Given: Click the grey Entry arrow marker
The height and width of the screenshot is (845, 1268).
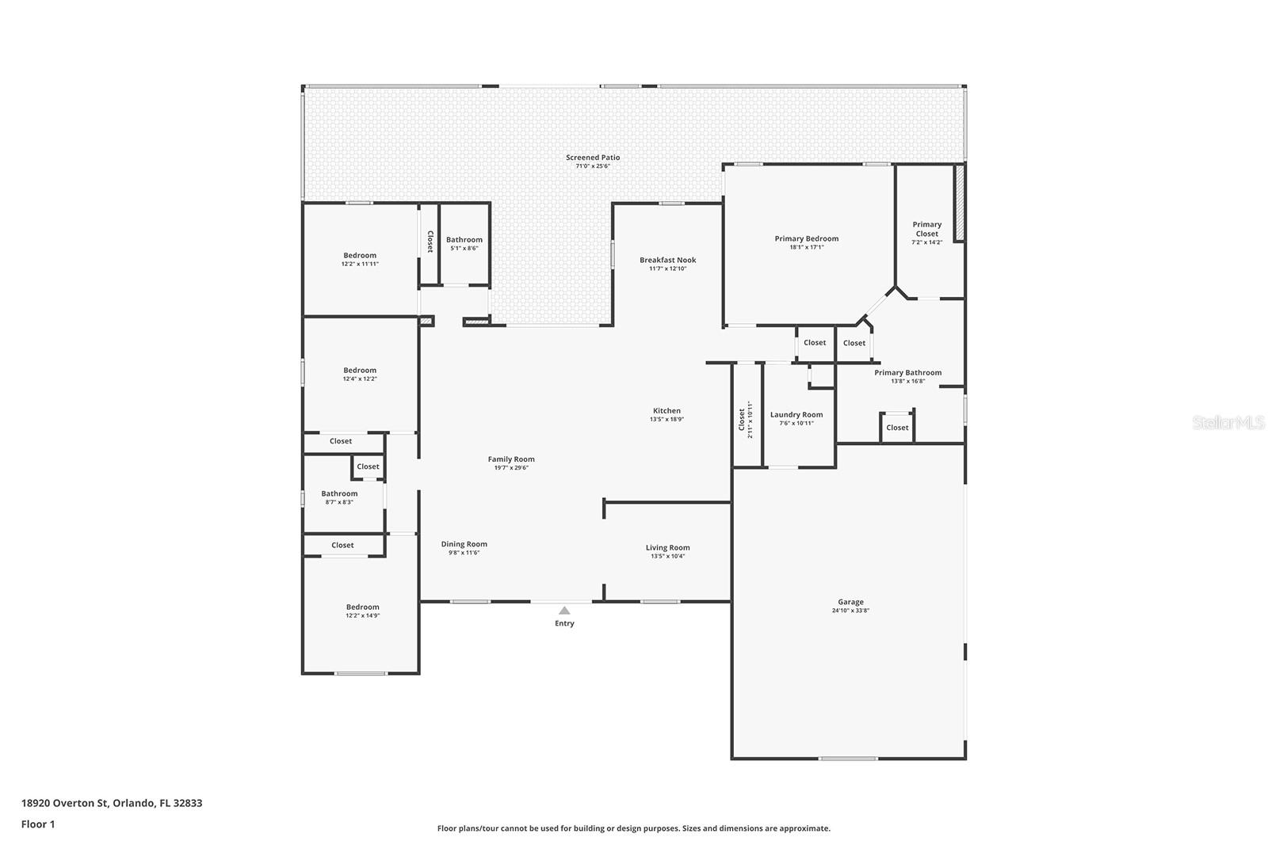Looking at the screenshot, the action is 564,611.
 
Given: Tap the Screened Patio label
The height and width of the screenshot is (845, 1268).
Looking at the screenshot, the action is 593,158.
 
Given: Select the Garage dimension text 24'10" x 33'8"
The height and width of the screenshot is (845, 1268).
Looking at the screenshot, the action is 850,611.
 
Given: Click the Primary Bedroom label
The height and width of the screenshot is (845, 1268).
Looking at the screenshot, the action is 807,238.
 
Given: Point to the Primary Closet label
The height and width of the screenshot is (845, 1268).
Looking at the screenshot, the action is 926,229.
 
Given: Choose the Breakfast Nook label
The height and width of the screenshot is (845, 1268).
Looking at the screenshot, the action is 668,260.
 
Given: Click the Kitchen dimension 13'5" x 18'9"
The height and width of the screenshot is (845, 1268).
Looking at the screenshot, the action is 666,419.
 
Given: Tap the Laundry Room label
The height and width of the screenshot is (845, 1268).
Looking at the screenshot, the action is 796,415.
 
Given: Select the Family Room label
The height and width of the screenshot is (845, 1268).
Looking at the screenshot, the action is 511,459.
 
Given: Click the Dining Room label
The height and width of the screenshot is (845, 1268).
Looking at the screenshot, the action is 464,544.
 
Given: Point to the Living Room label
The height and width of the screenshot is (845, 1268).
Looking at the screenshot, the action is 668,547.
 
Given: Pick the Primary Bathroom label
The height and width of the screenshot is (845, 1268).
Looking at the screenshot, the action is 908,372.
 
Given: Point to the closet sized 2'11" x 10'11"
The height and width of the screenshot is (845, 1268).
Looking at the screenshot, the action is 746,420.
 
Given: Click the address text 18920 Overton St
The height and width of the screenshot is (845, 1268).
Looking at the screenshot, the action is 64,802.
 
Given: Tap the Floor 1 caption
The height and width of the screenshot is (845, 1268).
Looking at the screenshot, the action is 38,824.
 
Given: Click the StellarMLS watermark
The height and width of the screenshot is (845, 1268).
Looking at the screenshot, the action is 1228,422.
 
